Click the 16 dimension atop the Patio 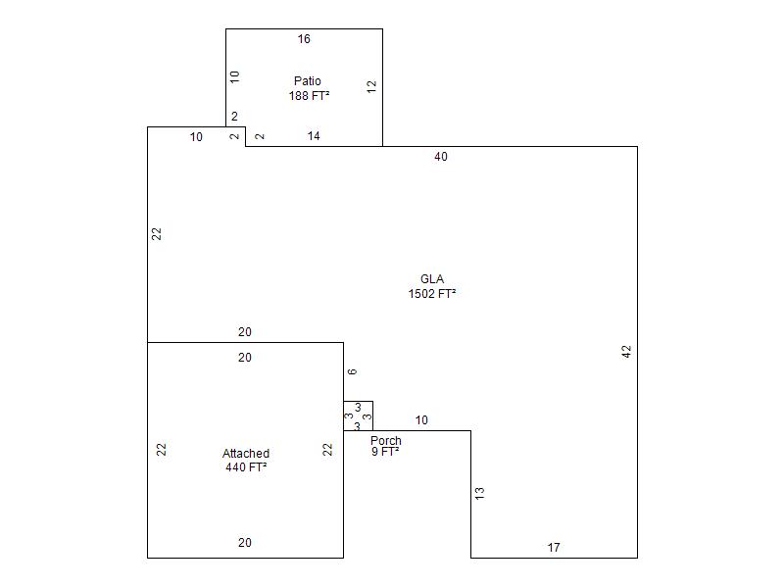click(x=304, y=39)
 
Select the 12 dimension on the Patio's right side click(x=371, y=86)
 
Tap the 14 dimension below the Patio click(x=314, y=136)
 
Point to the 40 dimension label click(x=441, y=157)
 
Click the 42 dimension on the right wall click(x=626, y=351)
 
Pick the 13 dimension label click(x=479, y=493)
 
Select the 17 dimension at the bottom click(x=554, y=548)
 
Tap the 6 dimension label click(x=352, y=371)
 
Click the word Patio click(x=308, y=81)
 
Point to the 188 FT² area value click(x=309, y=96)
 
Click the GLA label click(x=432, y=279)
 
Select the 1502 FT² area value click(x=432, y=293)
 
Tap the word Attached click(x=246, y=454)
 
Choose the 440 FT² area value click(x=246, y=467)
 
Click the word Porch click(x=386, y=441)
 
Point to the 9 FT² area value click(x=385, y=453)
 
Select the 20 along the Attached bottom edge click(x=245, y=543)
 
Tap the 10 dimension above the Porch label click(x=421, y=420)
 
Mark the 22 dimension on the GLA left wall click(x=157, y=233)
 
